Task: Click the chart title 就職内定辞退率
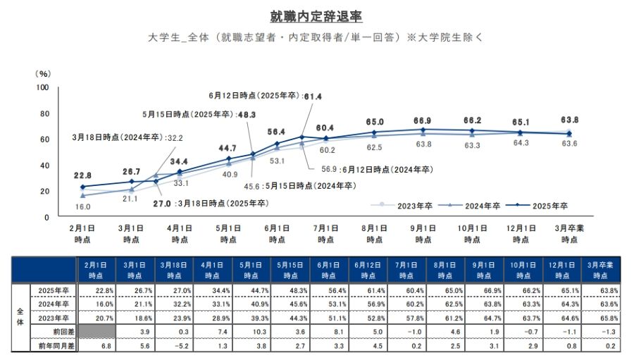point(316,16)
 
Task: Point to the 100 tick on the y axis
point(42,87)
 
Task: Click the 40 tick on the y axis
point(44,166)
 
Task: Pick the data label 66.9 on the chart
point(423,120)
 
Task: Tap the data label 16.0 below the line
point(83,207)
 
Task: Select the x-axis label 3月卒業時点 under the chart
point(569,235)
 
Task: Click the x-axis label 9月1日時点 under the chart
point(423,235)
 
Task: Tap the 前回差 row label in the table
point(53,330)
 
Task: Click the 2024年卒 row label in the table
point(53,304)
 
